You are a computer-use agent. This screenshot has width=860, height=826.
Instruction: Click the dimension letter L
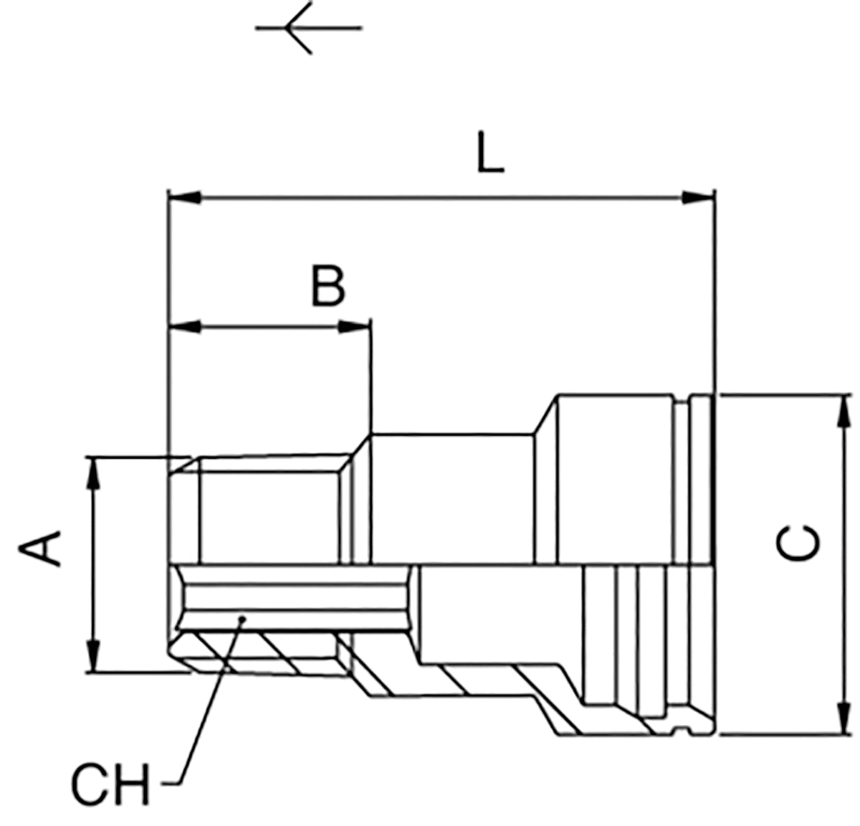click(x=490, y=153)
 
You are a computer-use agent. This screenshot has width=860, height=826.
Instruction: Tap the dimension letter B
click(x=328, y=285)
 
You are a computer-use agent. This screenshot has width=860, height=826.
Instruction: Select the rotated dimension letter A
click(x=39, y=549)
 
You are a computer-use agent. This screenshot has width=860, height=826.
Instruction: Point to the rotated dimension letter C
click(x=798, y=543)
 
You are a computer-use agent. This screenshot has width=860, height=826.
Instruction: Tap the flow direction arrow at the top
click(x=308, y=28)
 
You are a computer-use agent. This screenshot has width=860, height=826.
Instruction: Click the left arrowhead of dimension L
click(x=185, y=198)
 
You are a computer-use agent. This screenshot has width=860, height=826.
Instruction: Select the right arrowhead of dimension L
click(x=698, y=198)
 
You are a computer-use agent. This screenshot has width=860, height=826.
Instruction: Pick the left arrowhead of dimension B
click(x=185, y=327)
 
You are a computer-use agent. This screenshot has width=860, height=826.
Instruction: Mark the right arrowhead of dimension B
click(x=355, y=327)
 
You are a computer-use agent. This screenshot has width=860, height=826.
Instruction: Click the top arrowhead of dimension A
click(x=92, y=473)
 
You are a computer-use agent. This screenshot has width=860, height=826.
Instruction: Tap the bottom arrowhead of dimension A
click(x=92, y=656)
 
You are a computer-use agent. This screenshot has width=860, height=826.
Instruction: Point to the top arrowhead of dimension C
click(x=844, y=411)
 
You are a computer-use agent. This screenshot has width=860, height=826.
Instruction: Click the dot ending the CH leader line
click(x=242, y=619)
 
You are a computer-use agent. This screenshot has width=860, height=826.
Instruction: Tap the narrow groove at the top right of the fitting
click(x=682, y=482)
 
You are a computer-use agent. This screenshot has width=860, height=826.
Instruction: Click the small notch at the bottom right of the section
click(x=682, y=730)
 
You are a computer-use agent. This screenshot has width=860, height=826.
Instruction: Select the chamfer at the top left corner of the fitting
click(x=184, y=466)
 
